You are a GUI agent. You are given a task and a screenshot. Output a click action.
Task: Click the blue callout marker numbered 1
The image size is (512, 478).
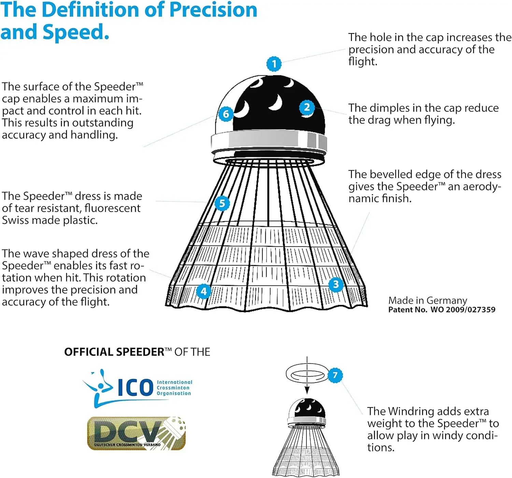[x=274, y=64]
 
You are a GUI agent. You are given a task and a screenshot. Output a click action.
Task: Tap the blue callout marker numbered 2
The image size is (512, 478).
[x=307, y=107]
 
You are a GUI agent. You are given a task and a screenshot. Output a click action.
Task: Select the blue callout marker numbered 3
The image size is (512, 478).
[x=336, y=284]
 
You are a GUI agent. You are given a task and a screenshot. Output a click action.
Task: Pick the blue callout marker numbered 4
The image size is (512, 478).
[x=204, y=291]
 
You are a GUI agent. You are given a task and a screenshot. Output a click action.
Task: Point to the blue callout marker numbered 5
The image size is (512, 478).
[x=222, y=203]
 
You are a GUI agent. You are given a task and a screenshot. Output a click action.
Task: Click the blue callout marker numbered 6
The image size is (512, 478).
[x=226, y=114]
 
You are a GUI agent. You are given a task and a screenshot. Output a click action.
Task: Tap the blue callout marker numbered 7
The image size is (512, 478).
[x=335, y=375]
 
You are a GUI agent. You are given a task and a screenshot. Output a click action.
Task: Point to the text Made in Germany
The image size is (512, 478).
[x=427, y=300]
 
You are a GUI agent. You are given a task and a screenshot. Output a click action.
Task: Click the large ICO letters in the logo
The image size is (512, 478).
[x=136, y=388]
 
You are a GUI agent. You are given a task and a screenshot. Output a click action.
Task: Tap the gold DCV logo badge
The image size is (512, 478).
[x=136, y=433]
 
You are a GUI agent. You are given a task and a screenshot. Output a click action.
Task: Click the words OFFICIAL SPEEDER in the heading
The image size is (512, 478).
[x=114, y=352]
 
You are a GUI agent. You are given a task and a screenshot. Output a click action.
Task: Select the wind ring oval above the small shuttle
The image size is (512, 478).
[x=305, y=374]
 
